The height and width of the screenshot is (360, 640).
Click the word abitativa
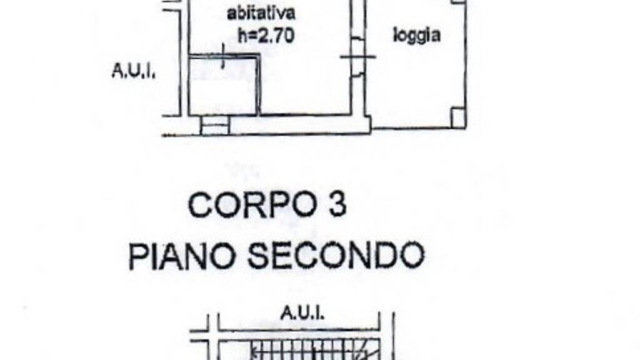pos(261,13)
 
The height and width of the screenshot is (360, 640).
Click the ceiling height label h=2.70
pos(266,36)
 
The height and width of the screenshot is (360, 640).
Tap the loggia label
pos(417,36)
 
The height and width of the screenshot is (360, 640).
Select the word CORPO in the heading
pos(252,205)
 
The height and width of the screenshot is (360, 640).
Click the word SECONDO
pos(336,256)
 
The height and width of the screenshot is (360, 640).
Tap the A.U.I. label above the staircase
pos(302,314)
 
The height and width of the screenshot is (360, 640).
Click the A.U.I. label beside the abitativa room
pos(134,71)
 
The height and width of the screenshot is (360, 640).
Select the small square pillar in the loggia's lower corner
pos(458,117)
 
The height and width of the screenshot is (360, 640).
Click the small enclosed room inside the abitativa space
pos(223,86)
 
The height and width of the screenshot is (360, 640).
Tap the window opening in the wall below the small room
pos(215,125)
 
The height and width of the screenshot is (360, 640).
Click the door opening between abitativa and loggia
pos(357,57)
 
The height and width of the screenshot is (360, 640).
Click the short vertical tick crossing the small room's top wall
pos(223,57)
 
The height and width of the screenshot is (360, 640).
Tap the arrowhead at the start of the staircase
pos(254,349)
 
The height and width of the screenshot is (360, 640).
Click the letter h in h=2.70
pos(242,36)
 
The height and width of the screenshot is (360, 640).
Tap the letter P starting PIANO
pos(137,256)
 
